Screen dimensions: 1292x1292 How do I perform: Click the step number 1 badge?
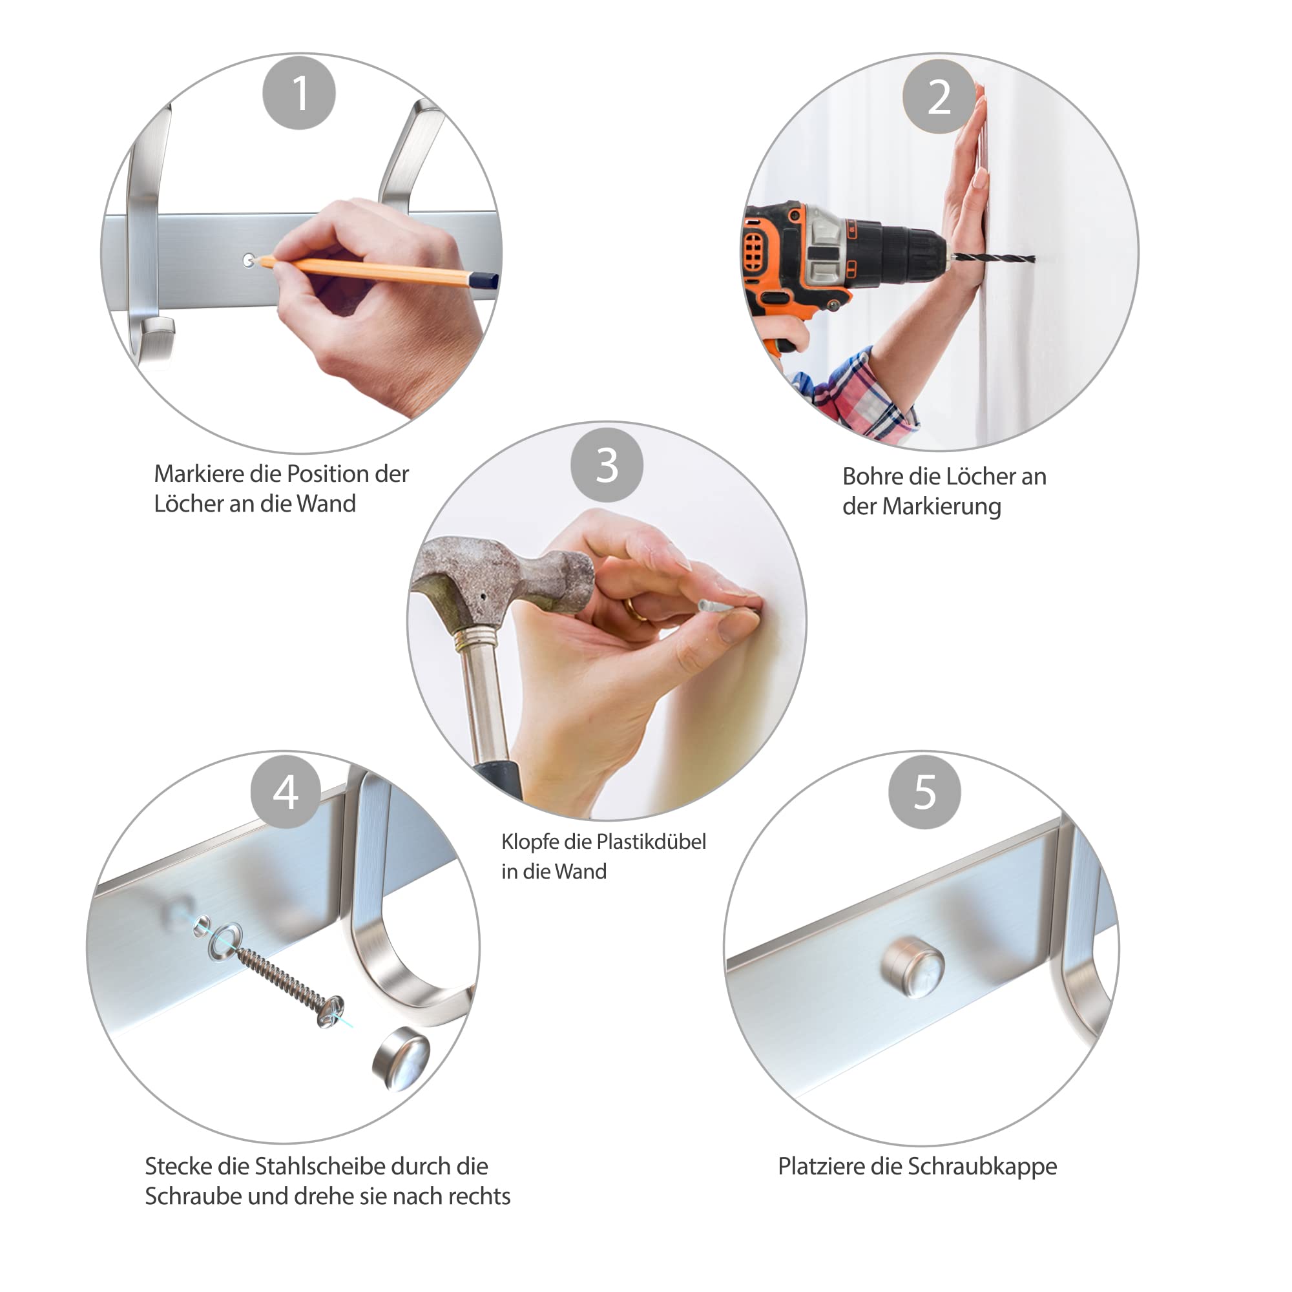point(299,93)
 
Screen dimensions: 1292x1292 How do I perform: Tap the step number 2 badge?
point(939,96)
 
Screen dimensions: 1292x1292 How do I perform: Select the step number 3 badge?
point(607,465)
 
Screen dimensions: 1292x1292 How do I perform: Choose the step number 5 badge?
point(925,793)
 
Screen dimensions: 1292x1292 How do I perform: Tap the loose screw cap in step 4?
point(401,1059)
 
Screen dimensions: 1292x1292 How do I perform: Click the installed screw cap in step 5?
point(913,968)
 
